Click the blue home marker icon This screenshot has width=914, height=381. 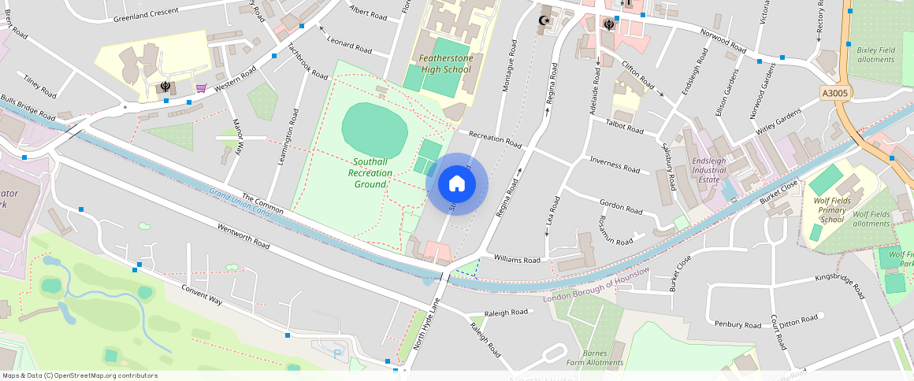[457, 184]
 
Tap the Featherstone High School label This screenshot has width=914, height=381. [445, 64]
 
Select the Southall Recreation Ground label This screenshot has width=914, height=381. [370, 172]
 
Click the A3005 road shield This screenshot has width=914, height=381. [834, 94]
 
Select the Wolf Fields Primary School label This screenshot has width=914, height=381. [832, 210]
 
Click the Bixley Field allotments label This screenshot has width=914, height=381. [875, 54]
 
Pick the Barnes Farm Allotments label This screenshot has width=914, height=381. [594, 358]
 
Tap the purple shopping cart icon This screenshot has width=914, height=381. [201, 88]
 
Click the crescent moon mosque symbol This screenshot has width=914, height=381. [541, 20]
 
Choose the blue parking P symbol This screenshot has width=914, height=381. [337, 354]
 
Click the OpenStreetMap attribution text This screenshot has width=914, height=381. [80, 375]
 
